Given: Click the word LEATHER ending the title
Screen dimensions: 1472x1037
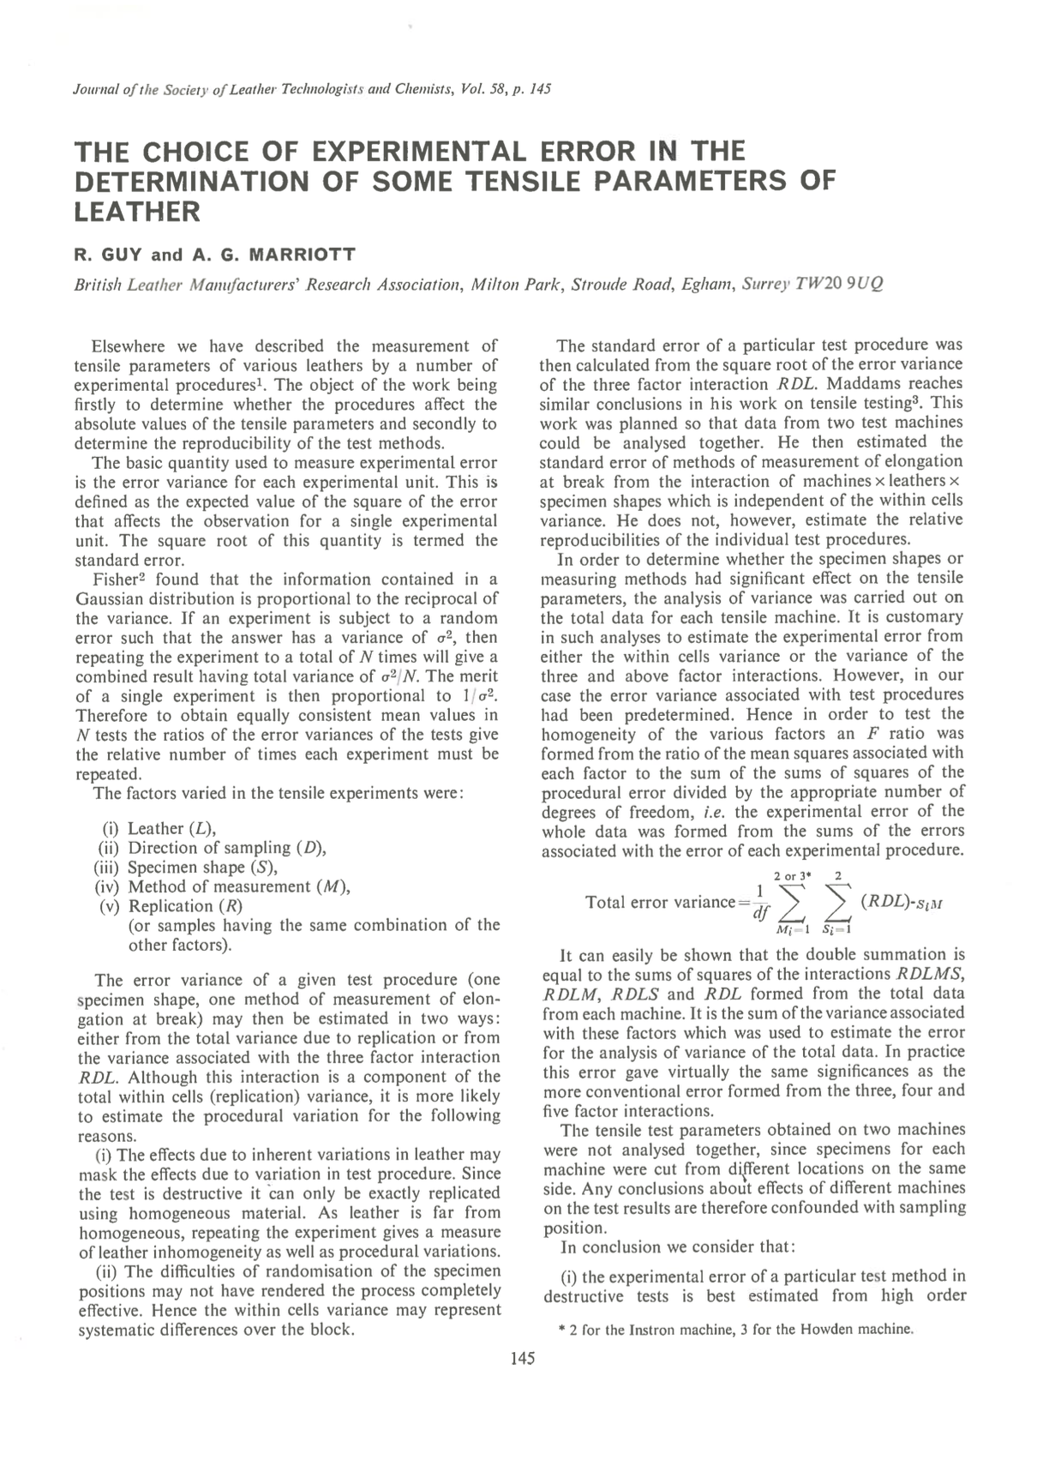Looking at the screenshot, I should (138, 211).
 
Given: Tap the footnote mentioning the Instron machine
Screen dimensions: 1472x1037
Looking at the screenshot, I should (732, 1330).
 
